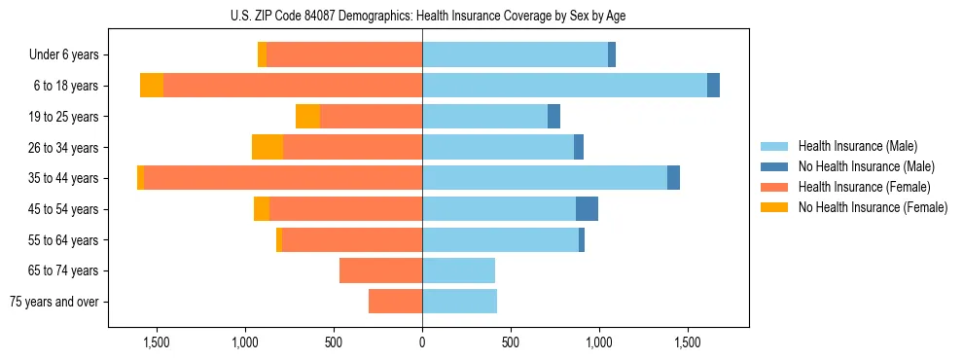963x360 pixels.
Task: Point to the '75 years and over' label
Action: point(54,302)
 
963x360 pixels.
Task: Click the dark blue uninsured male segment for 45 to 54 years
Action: point(587,209)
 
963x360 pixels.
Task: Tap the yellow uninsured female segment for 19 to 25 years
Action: point(307,117)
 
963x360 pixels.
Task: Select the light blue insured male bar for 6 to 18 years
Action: point(564,86)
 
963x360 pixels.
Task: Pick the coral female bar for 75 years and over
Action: point(395,302)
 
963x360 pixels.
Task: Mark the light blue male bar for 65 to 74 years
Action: point(458,270)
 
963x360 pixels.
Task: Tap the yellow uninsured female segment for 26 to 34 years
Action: point(267,147)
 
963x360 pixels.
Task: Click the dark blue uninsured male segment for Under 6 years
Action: point(612,55)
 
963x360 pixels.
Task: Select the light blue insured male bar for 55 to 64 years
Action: point(500,239)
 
